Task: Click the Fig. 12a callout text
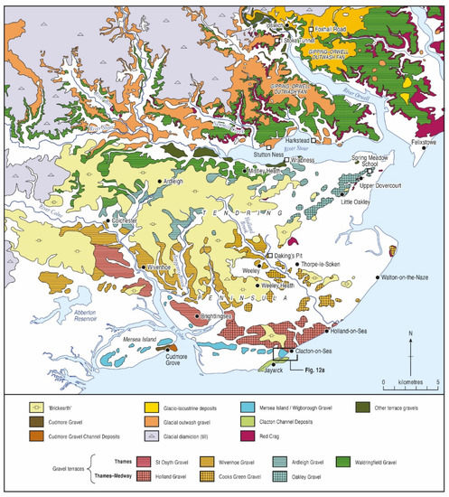click(306, 370)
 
